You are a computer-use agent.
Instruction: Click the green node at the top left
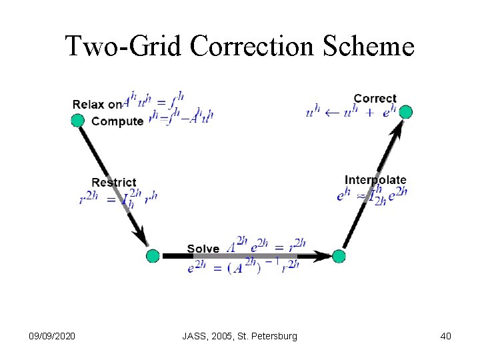coord(78,120)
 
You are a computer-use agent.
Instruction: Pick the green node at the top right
coord(405,112)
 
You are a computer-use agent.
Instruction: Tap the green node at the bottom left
coord(153,255)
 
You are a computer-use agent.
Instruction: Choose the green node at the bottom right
coord(339,256)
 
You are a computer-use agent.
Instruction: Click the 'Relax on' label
coord(97,104)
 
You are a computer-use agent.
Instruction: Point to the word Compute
coord(117,121)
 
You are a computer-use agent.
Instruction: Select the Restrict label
coord(113,183)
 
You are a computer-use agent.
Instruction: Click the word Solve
coord(203,249)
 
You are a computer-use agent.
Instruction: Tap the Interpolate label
coord(375,180)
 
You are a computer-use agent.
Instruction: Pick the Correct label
coord(375,99)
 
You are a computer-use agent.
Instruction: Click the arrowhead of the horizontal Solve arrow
coord(324,255)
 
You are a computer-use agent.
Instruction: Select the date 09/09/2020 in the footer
coord(53,336)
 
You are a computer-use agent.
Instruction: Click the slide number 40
coord(445,336)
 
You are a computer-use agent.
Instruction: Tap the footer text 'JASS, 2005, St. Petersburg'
coord(239,336)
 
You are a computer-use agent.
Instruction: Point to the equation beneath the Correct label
coord(351,112)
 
